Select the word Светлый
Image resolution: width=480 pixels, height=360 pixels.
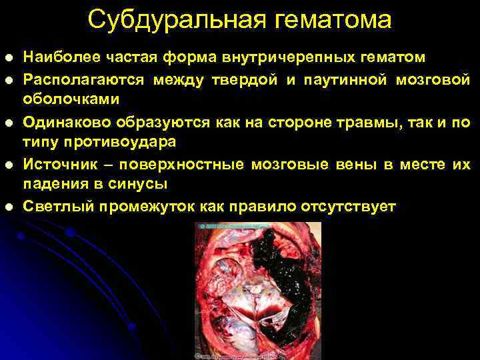57,207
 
